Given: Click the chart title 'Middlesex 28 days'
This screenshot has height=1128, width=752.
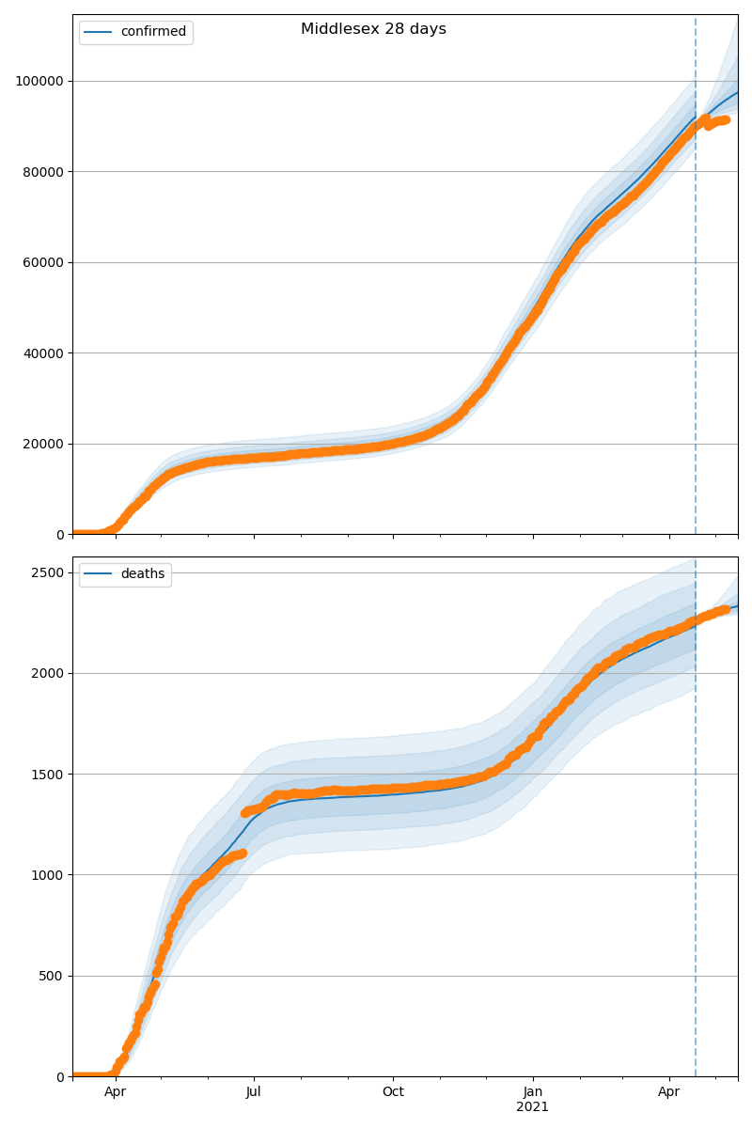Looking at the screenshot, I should pyautogui.click(x=373, y=29).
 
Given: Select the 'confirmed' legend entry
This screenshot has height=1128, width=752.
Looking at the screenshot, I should pyautogui.click(x=153, y=32).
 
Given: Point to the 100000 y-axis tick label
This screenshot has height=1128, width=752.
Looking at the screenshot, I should pyautogui.click(x=39, y=81).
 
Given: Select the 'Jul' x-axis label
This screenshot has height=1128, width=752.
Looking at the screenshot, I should pyautogui.click(x=254, y=1092).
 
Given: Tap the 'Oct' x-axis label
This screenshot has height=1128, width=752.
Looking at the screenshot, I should pyautogui.click(x=393, y=1092).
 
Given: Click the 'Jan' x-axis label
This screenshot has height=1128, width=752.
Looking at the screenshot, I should pyautogui.click(x=533, y=1092).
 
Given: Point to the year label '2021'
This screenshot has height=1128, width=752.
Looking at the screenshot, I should pyautogui.click(x=533, y=1107).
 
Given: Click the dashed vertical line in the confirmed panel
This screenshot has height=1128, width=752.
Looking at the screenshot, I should pyautogui.click(x=696, y=282).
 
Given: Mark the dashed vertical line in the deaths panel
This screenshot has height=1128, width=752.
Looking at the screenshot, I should pyautogui.click(x=696, y=846).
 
